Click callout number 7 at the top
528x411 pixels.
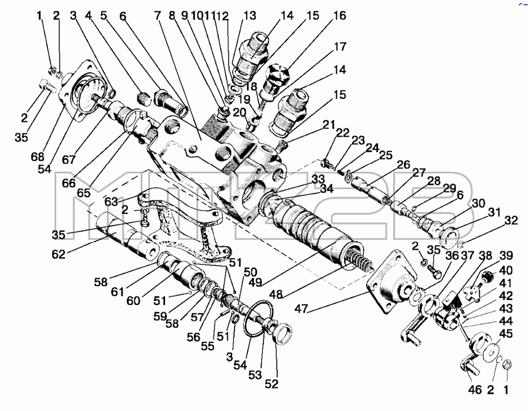click(x=157, y=16)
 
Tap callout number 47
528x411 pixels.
click(x=301, y=308)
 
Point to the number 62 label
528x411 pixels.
click(x=58, y=254)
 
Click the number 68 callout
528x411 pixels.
click(x=38, y=157)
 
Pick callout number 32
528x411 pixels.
click(x=511, y=220)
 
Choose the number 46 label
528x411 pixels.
click(x=475, y=390)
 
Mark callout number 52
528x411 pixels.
click(x=271, y=384)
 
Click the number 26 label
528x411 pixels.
click(x=404, y=164)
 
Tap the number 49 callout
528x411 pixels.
click(x=255, y=282)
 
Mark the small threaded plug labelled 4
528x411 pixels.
click(x=144, y=98)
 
